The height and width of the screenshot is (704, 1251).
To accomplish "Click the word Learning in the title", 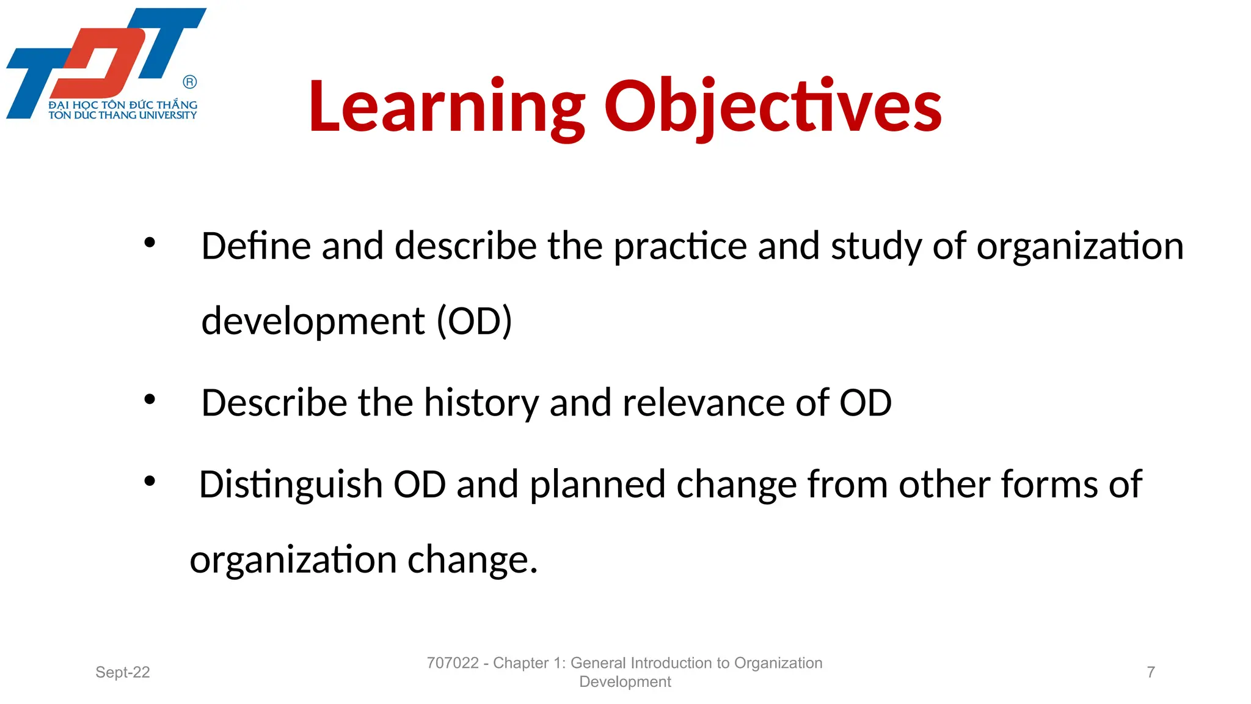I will [446, 107].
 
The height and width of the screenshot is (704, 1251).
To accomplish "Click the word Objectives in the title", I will [773, 107].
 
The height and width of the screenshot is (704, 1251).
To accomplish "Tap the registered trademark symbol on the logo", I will [190, 82].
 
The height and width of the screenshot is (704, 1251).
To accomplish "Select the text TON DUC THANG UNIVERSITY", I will [122, 115].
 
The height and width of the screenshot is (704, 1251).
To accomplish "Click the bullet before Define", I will [150, 243].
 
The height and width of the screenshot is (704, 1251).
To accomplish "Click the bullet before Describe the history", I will [150, 400].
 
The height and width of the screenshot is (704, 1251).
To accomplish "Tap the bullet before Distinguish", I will [150, 482].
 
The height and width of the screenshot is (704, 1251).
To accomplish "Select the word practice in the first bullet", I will [680, 247].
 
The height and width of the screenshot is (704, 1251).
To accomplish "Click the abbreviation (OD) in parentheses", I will [474, 321].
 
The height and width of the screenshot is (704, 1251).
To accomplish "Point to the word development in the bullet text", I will [313, 321].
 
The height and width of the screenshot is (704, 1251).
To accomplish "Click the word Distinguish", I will [291, 485].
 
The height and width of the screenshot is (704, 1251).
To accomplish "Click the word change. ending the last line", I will [472, 560].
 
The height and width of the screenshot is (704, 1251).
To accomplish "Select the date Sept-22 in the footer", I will [122, 672].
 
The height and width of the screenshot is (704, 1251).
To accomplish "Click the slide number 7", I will [1151, 672].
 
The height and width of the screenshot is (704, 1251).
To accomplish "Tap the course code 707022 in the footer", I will [453, 663].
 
